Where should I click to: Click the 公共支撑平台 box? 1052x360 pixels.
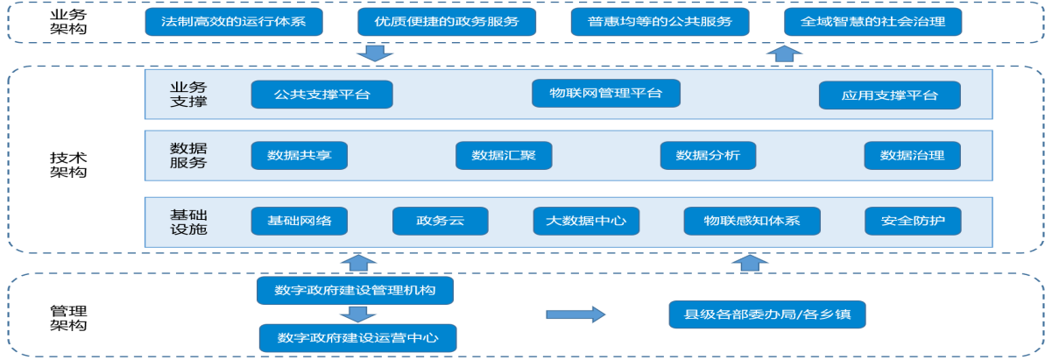tap(321, 95)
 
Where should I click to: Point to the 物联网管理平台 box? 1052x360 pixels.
tap(605, 93)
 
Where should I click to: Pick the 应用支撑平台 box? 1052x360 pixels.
tap(889, 95)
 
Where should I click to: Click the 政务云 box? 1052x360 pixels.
tap(440, 220)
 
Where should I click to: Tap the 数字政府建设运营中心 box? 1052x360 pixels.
tap(357, 337)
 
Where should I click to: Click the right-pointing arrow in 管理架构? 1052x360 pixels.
tap(575, 314)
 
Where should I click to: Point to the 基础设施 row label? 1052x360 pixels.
tap(188, 221)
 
